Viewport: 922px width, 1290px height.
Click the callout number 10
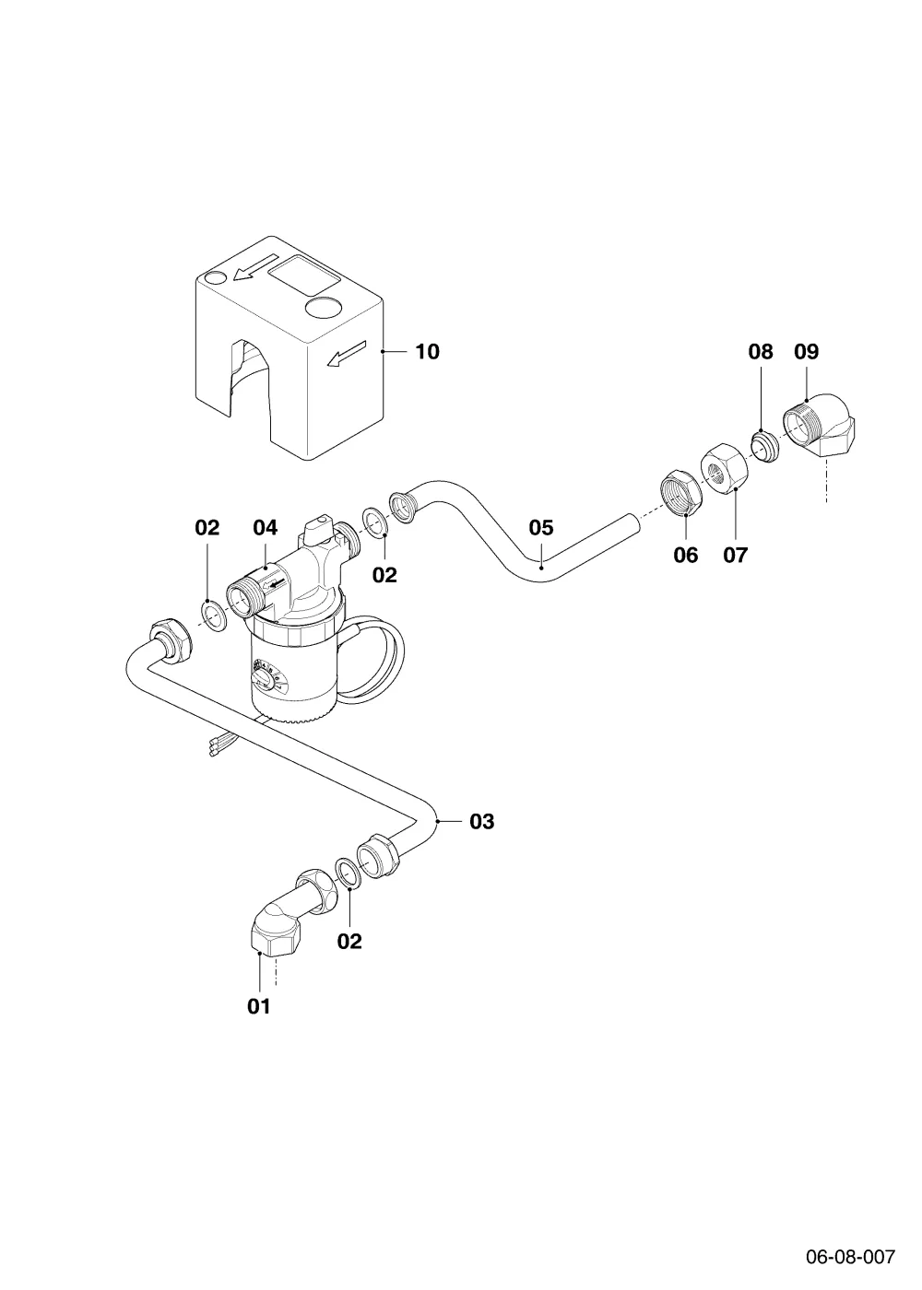(427, 351)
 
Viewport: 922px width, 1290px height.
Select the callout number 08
(760, 351)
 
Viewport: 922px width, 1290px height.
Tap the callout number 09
(806, 351)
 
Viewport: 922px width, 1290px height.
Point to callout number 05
(541, 527)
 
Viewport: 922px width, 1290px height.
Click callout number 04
(266, 527)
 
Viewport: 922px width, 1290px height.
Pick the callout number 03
(481, 821)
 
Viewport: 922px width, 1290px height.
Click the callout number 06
(686, 555)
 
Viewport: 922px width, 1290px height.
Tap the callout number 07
(736, 555)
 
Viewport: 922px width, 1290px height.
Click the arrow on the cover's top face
(256, 268)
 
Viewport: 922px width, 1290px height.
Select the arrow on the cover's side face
(347, 353)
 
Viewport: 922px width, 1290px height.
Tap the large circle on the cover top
(324, 306)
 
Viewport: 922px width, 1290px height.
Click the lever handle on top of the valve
(318, 527)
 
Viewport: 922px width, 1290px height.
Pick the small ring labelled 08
(764, 446)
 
